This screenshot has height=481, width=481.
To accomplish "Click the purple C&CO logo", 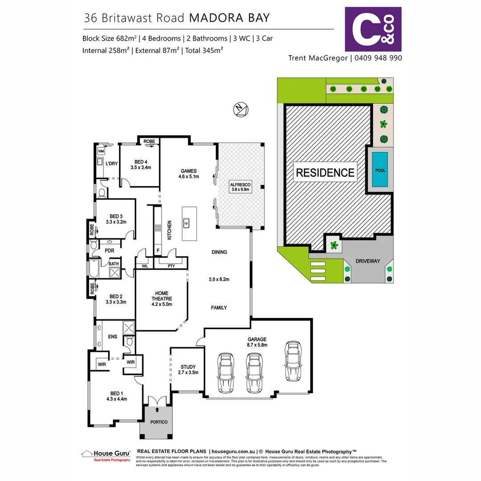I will [x=373, y=29].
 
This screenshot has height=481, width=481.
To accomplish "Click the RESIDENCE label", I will [x=325, y=172].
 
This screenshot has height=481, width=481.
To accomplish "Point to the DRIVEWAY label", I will [x=368, y=261].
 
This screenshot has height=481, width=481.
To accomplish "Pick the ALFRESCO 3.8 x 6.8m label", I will [x=241, y=187].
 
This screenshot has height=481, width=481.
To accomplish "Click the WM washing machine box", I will [x=100, y=151].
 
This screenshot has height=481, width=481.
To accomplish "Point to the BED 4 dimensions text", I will [x=141, y=168].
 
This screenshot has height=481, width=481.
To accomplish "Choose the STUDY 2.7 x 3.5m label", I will [x=188, y=369].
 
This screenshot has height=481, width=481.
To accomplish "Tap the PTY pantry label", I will [x=171, y=266].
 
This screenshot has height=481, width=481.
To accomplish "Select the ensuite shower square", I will [x=129, y=328].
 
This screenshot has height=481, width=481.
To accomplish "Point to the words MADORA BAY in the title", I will [x=229, y=18].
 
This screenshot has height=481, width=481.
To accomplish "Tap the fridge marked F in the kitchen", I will [x=158, y=251].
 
